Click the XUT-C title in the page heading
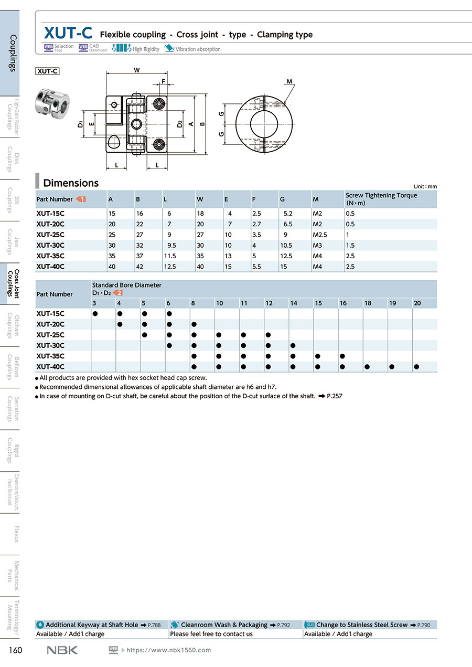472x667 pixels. click(x=68, y=34)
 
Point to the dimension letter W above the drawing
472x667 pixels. click(x=137, y=70)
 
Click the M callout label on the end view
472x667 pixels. click(x=289, y=81)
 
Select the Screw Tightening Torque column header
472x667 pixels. click(x=381, y=199)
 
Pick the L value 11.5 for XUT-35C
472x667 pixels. click(x=170, y=256)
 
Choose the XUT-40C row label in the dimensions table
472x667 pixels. click(x=50, y=267)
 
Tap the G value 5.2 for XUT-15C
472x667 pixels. click(x=288, y=214)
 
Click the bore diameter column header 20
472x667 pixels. click(x=417, y=303)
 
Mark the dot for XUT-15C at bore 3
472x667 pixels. click(x=95, y=314)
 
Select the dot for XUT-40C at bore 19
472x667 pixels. click(x=392, y=367)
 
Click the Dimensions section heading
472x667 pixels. click(x=71, y=183)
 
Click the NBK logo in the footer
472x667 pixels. click(x=62, y=650)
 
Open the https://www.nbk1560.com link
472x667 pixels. click(x=169, y=650)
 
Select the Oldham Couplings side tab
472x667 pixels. click(x=13, y=326)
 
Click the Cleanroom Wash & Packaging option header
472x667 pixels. click(x=224, y=625)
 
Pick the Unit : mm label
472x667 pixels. click(x=425, y=187)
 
